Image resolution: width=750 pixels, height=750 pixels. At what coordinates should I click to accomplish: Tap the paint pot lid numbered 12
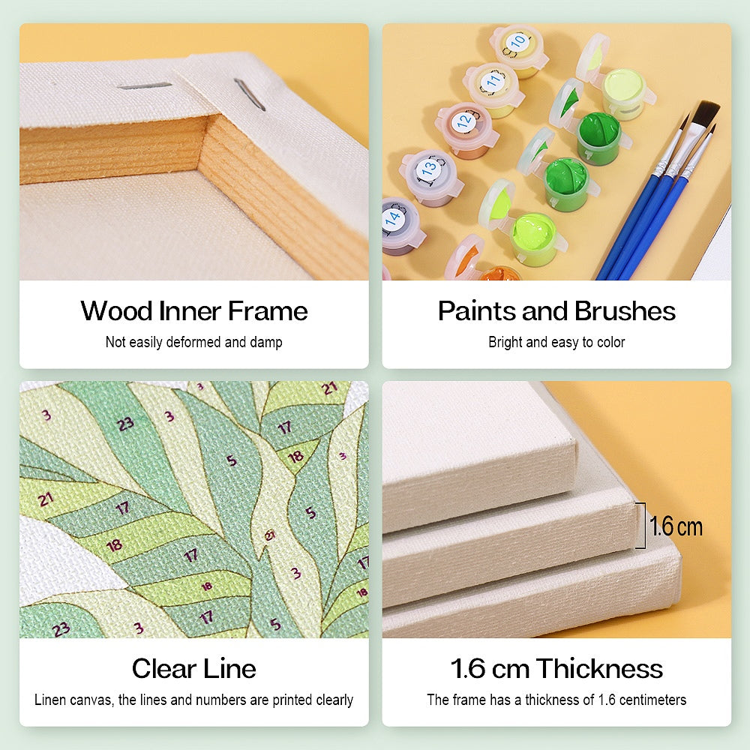click(465, 119)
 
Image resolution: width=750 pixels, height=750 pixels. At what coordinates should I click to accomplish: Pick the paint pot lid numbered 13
click(429, 168)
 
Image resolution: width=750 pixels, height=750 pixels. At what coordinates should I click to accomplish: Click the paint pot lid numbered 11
click(492, 78)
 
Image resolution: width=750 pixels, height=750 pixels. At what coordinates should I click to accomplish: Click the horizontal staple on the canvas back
click(144, 86)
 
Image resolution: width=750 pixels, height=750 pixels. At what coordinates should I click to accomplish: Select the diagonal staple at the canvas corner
click(249, 94)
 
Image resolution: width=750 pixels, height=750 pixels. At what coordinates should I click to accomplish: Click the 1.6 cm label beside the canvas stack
click(676, 526)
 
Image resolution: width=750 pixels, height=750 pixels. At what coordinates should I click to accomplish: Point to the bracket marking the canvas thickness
click(640, 526)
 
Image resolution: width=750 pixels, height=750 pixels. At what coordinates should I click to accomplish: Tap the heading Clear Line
click(193, 668)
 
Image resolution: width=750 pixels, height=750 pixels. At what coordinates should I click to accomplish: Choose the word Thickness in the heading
click(599, 668)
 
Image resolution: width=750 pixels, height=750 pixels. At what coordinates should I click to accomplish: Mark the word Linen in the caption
click(52, 700)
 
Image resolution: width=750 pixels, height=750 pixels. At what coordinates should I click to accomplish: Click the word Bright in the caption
click(506, 343)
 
